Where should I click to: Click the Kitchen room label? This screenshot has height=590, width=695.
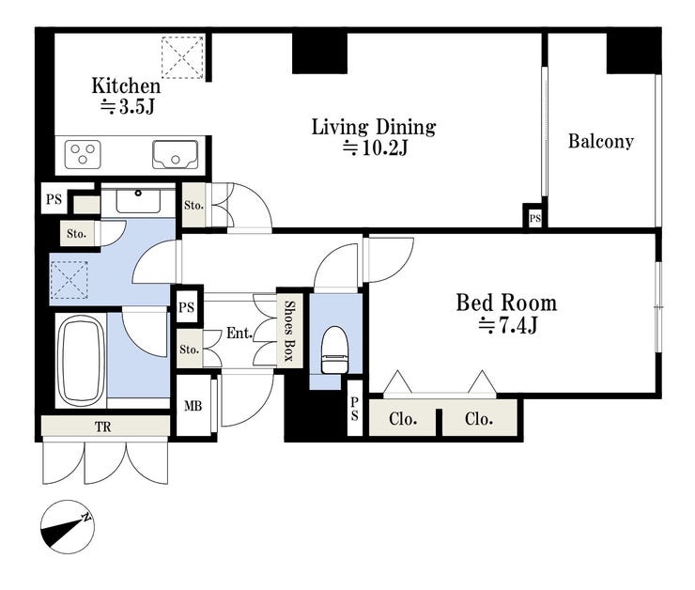(x=126, y=86)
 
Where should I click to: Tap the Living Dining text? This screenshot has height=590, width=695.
(x=374, y=128)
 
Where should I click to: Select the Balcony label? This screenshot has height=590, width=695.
(x=600, y=142)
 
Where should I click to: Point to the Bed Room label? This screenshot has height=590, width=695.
(x=506, y=303)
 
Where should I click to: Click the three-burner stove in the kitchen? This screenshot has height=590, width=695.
(x=83, y=154)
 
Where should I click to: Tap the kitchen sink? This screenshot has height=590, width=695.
(x=175, y=155)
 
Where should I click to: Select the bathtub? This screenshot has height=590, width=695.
(x=80, y=360)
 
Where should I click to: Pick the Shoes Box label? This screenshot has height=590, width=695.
(x=289, y=330)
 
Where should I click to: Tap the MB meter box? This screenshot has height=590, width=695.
(x=193, y=405)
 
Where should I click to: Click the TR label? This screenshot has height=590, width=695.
(x=102, y=427)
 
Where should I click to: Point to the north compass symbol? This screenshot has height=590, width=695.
(x=68, y=527)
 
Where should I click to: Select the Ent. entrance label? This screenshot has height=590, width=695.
(x=239, y=333)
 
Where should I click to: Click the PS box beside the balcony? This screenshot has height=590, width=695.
(x=535, y=218)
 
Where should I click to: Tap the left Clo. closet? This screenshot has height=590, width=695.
(x=403, y=418)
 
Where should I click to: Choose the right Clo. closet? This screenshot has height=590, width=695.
(x=480, y=418)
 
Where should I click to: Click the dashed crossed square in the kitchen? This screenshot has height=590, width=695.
(x=182, y=57)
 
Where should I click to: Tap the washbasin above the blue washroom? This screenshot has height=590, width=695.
(x=138, y=201)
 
